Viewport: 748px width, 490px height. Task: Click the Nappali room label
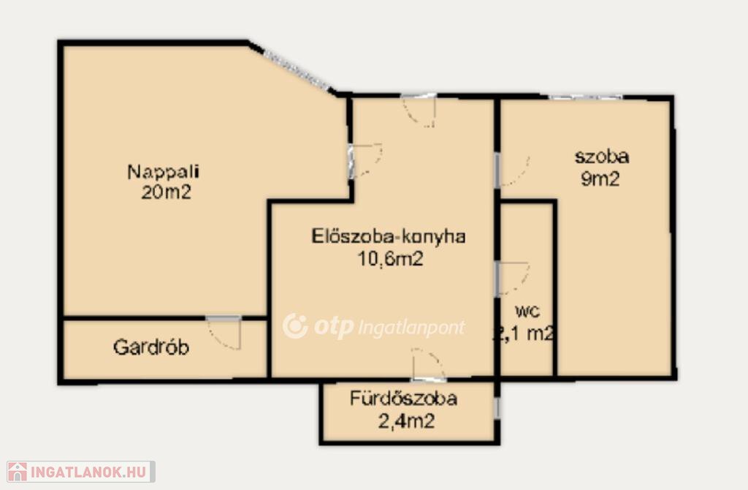(163, 171)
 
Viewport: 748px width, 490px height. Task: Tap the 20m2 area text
(166, 192)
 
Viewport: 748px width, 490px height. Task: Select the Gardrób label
(151, 347)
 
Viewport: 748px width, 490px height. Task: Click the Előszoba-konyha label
(389, 236)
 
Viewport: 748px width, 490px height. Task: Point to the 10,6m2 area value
(391, 259)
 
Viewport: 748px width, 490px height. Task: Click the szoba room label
(602, 157)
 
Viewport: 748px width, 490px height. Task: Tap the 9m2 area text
(600, 178)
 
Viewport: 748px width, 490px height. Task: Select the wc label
(527, 312)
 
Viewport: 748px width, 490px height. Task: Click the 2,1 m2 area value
(523, 333)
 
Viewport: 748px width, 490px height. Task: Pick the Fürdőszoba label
(403, 399)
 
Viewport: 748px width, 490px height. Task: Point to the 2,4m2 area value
(406, 421)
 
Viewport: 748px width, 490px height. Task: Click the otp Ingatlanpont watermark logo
(373, 327)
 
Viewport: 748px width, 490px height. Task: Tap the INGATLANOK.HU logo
(80, 472)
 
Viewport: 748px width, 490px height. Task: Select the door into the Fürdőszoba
(429, 364)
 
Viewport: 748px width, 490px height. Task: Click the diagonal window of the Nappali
(297, 72)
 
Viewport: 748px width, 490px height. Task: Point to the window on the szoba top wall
(585, 97)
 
